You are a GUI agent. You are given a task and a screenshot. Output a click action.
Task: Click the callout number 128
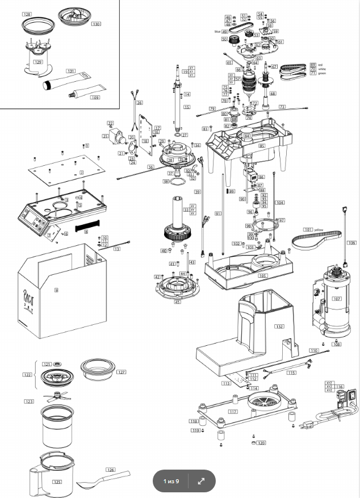(27, 13)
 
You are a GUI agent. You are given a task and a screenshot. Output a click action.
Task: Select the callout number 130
(95, 24)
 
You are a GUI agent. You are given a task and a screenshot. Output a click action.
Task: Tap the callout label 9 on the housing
(56, 290)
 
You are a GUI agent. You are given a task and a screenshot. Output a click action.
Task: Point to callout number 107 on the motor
(337, 299)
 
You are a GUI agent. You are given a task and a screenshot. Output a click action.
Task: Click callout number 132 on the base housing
(279, 327)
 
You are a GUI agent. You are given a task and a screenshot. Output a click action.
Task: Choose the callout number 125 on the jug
(57, 482)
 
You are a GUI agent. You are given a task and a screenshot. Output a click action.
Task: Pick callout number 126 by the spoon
(111, 470)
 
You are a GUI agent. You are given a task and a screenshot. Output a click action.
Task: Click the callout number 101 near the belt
(308, 230)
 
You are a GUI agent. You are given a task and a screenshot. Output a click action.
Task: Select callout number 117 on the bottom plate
(233, 411)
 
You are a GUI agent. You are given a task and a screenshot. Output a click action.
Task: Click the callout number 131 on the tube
(70, 71)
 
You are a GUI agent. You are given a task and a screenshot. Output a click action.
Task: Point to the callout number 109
(94, 98)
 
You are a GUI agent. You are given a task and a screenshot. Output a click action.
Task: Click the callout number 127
(122, 373)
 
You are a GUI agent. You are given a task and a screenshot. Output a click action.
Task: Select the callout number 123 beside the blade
(29, 401)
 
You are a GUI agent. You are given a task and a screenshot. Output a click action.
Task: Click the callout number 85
(262, 146)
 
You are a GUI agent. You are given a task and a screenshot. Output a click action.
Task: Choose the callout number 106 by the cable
(351, 242)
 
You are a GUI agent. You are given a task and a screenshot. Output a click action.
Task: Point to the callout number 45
(178, 302)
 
